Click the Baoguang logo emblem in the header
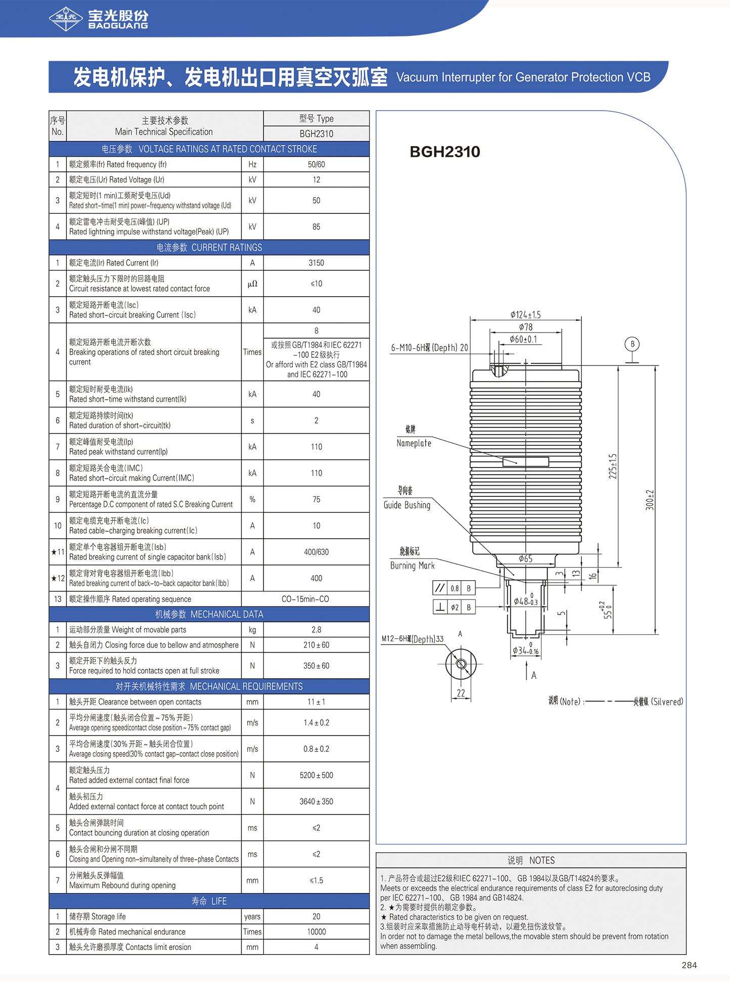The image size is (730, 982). click(66, 19)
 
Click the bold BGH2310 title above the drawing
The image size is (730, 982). click(445, 152)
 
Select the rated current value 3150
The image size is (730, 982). click(316, 263)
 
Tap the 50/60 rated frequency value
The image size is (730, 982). click(316, 164)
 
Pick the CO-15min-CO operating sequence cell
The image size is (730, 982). click(305, 599)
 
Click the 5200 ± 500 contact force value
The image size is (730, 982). click(316, 775)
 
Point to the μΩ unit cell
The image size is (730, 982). click(252, 284)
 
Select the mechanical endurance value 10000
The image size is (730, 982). click(316, 931)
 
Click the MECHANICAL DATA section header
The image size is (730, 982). click(209, 614)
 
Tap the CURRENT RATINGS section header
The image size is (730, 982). click(209, 248)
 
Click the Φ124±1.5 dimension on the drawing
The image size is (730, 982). click(525, 314)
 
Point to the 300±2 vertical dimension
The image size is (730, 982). click(650, 500)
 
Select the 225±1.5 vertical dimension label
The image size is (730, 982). click(613, 466)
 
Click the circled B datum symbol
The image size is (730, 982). click(632, 344)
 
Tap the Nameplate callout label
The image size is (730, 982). click(414, 443)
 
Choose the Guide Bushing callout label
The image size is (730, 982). click(407, 505)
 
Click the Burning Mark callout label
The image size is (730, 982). click(412, 566)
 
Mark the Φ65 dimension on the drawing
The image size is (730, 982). click(525, 558)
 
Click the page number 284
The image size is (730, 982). click(689, 965)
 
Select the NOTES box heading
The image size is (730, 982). click(531, 860)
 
